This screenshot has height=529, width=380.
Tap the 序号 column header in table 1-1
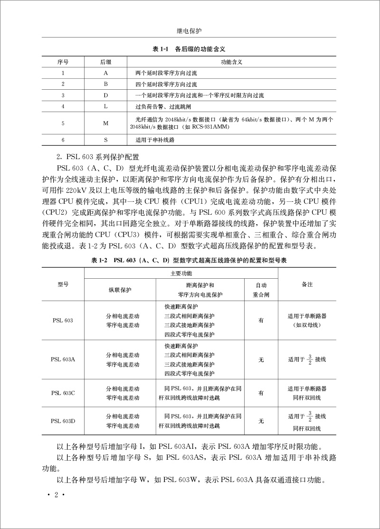pos(63,62)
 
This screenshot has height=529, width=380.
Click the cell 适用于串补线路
pos(155,140)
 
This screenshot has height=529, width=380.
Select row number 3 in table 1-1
pos(63,95)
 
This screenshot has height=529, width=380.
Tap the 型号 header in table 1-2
pos(63,284)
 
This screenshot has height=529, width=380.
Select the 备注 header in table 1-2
pos(307,284)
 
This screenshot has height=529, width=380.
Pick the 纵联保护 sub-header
pos(120,289)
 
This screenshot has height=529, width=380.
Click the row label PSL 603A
pos(63,359)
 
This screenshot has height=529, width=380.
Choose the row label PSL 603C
pos(63,393)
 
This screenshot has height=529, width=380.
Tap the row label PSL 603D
pos(63,421)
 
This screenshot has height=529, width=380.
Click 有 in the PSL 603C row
pos(261,393)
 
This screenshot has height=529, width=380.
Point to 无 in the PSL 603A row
pos(261,359)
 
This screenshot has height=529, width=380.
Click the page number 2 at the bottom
pos(56,496)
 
